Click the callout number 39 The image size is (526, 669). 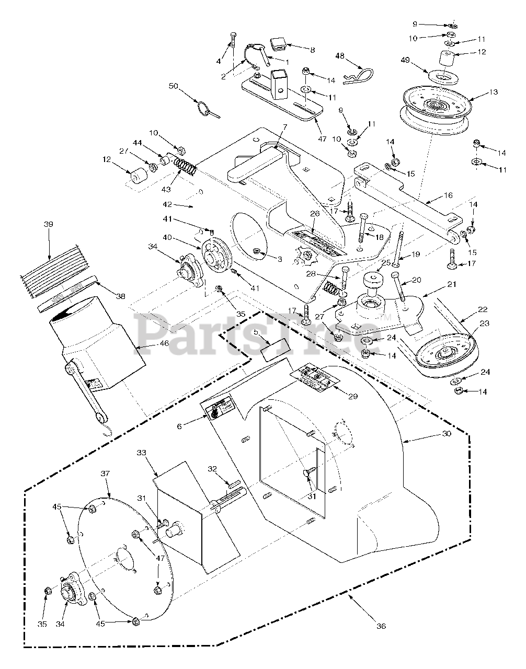tap(49, 224)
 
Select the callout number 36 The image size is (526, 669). tap(381, 626)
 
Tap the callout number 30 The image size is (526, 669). tap(446, 434)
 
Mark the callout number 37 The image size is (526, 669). tap(105, 474)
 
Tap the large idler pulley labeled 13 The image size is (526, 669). tap(435, 109)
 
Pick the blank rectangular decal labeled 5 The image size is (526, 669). tap(276, 348)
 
